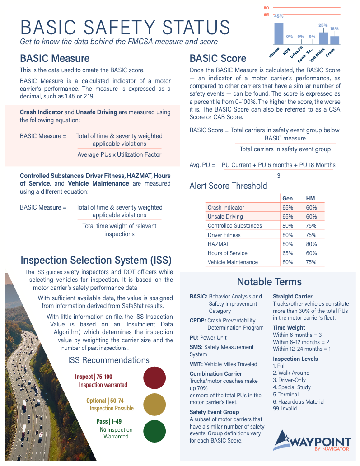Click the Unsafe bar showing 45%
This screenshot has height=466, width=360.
click(279, 33)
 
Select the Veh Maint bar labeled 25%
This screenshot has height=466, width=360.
click(323, 38)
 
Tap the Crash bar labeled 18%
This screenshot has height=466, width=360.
click(334, 40)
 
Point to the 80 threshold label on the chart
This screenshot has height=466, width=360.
click(266, 8)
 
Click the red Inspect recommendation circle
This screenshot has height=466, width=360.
click(154, 377)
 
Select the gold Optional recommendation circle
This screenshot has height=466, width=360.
click(154, 404)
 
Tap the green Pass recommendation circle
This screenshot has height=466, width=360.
click(154, 431)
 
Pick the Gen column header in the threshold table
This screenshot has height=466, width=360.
click(287, 198)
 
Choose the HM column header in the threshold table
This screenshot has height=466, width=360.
click(310, 198)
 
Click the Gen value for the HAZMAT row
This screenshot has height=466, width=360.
click(287, 244)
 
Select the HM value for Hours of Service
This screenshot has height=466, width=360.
click(311, 253)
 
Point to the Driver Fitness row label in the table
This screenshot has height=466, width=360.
click(224, 235)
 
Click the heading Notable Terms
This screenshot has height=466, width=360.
click(269, 282)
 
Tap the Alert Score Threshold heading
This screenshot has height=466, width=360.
click(228, 186)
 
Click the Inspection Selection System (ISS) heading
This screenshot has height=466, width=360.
click(96, 260)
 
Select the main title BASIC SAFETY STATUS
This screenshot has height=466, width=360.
click(125, 28)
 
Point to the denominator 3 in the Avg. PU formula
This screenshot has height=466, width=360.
click(278, 176)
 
